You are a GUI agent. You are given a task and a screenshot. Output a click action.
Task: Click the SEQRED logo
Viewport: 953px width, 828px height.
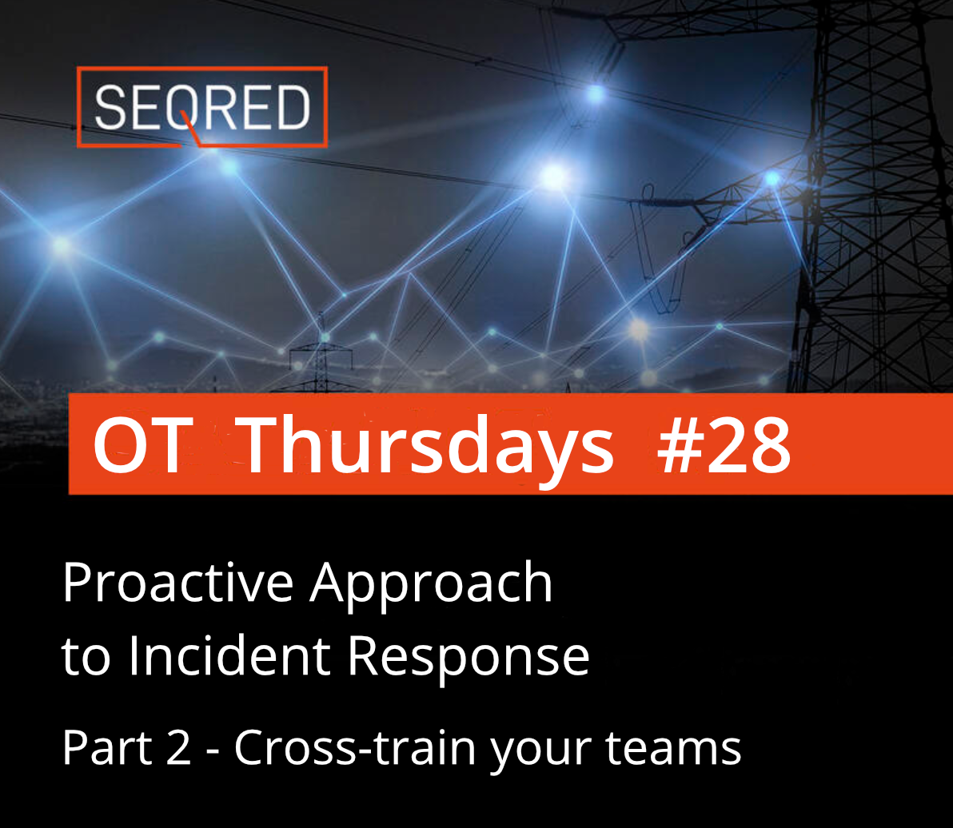coord(201,107)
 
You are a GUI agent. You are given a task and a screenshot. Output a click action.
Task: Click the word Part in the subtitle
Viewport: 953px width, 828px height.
coord(102,747)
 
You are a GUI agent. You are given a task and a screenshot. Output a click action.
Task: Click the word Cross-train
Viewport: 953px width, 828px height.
coord(355,747)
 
